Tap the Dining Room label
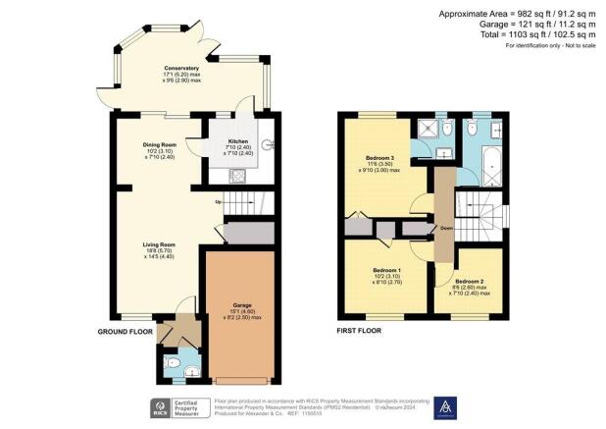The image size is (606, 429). click(158, 143)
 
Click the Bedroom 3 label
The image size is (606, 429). click(379, 158)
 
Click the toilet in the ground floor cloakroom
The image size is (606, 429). click(174, 365)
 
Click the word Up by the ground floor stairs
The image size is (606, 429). click(222, 203)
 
